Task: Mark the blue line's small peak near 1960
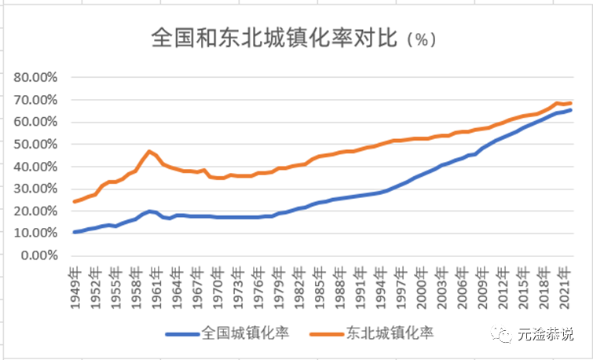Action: tap(149, 211)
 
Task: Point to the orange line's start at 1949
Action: tap(75, 201)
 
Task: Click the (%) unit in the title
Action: tap(423, 39)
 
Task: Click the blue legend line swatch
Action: tap(183, 332)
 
